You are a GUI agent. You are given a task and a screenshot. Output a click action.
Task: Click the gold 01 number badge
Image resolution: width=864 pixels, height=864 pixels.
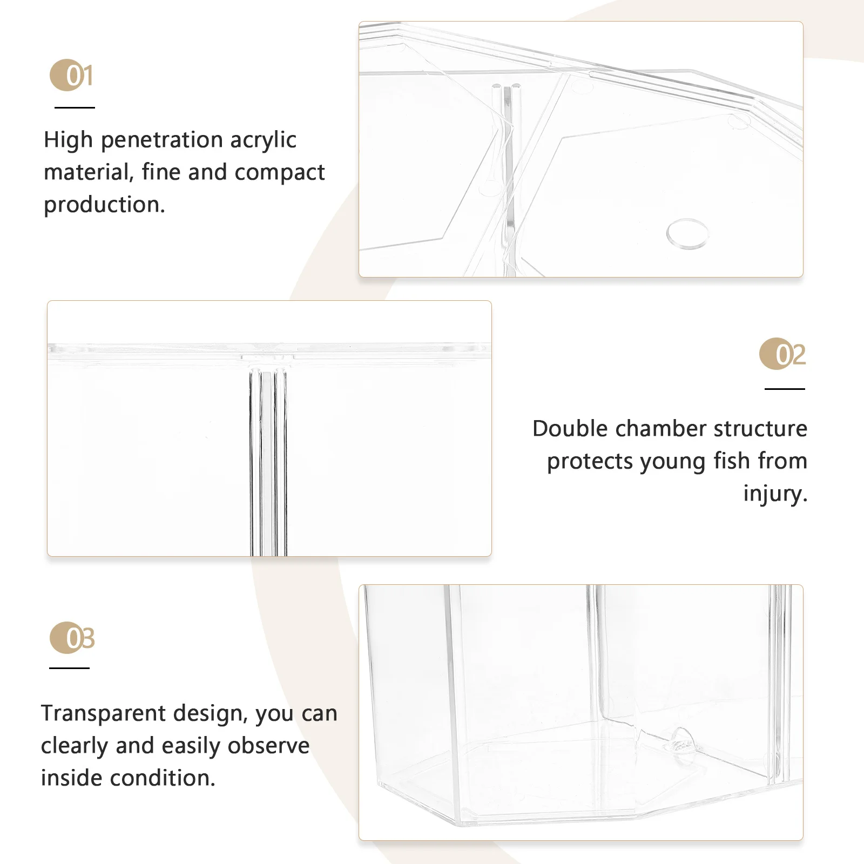72,75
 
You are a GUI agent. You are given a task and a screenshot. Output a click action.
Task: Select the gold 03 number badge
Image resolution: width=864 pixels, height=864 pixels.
72,638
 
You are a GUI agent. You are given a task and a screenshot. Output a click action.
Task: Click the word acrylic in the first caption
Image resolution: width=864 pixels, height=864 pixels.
263,140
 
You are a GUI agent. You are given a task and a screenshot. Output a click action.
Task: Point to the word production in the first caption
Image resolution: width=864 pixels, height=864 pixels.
103,205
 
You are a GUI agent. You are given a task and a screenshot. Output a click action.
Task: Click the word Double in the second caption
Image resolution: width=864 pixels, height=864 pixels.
570,429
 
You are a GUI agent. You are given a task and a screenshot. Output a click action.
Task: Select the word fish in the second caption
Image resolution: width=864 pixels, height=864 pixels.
731,461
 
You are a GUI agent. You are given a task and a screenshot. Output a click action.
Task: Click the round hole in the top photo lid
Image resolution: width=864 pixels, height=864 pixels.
687,233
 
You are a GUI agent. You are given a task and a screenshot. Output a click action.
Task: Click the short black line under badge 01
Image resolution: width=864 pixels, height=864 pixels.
75,107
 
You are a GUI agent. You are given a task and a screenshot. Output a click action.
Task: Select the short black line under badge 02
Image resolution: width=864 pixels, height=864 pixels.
784,388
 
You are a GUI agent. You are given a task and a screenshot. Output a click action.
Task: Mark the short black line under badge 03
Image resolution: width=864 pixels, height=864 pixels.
69,668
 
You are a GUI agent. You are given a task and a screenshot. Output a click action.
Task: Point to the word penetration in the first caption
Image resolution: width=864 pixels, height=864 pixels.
161,140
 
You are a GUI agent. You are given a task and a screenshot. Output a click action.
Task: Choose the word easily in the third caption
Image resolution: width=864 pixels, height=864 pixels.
192,746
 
